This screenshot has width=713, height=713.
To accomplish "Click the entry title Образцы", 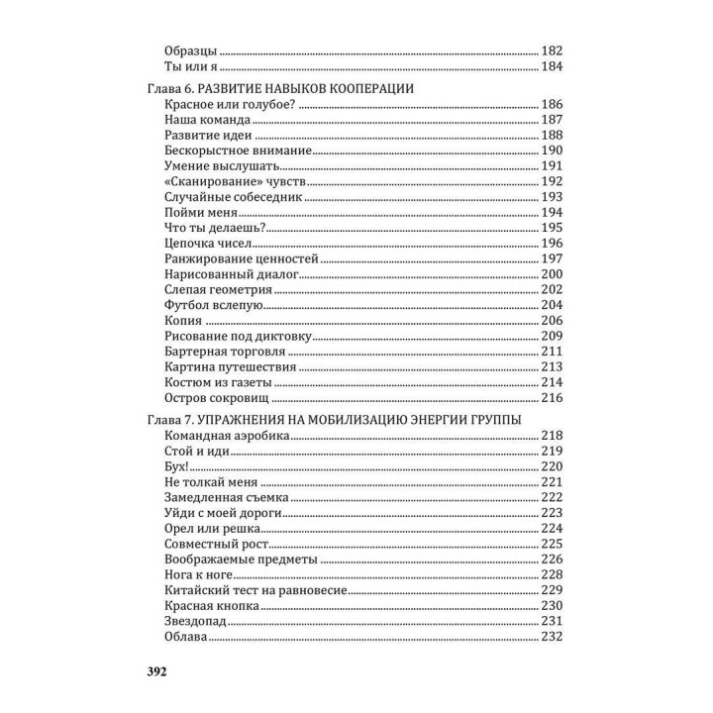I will (190, 50).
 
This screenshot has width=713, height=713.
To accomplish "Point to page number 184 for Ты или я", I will (552, 67).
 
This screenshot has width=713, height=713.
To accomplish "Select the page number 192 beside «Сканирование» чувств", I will (552, 182).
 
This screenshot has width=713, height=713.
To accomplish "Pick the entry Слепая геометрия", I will (218, 289).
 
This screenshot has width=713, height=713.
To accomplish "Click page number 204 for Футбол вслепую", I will (552, 305).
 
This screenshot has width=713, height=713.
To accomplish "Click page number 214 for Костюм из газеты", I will (552, 382).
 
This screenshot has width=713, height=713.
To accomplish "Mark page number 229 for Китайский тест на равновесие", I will (552, 589).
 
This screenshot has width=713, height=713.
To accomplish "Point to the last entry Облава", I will (187, 636).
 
